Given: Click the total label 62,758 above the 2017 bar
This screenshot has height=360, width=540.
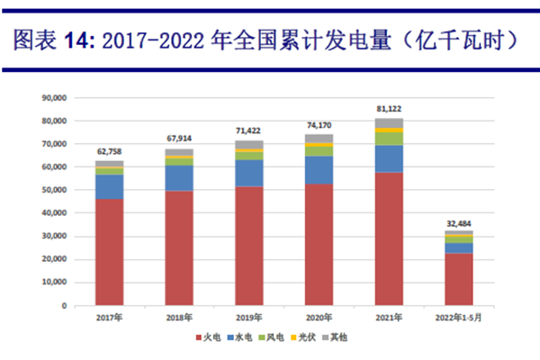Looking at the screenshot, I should pyautogui.click(x=109, y=151).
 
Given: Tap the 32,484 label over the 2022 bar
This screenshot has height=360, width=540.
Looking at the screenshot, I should pyautogui.click(x=459, y=221).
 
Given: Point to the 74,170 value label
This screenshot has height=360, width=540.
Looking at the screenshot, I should pyautogui.click(x=319, y=124).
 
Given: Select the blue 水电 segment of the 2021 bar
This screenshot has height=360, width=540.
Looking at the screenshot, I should pyautogui.click(x=389, y=158).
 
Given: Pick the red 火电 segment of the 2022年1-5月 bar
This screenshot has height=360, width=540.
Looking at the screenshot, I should pyautogui.click(x=459, y=279).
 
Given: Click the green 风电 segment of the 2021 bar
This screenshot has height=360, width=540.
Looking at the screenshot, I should pyautogui.click(x=389, y=139).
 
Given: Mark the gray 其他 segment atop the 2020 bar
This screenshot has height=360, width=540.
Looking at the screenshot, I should pyautogui.click(x=319, y=139).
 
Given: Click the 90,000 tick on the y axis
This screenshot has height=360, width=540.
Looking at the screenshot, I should pyautogui.click(x=56, y=97).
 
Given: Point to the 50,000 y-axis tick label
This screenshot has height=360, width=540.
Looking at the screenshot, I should pyautogui.click(x=56, y=190).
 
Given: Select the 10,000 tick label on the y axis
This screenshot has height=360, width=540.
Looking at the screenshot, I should pyautogui.click(x=56, y=283).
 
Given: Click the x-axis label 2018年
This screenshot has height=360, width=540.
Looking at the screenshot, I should pyautogui.click(x=179, y=318).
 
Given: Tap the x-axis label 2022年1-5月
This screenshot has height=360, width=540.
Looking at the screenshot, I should pyautogui.click(x=459, y=318).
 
